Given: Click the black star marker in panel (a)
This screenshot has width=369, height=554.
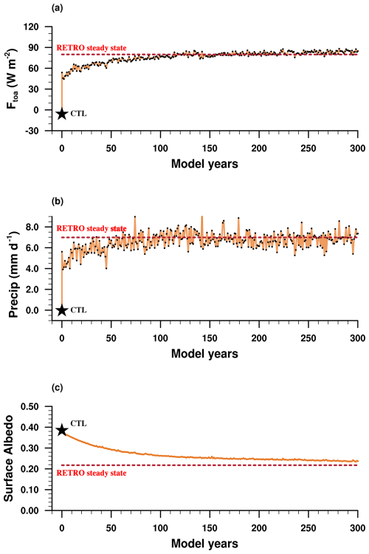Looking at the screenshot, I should [x=62, y=114].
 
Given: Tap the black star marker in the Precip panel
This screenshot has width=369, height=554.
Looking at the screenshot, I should [x=62, y=310].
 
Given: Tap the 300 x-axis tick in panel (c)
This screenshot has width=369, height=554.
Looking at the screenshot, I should [x=357, y=524].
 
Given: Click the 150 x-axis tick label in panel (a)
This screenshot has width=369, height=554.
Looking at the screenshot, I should [x=210, y=144].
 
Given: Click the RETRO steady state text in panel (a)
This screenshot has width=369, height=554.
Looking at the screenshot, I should [x=92, y=48].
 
